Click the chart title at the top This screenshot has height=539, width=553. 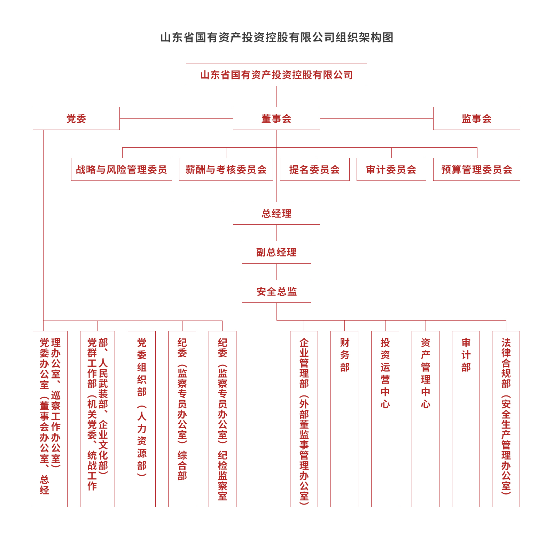point(276,37)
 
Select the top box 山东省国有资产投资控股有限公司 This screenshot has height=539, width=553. point(276,75)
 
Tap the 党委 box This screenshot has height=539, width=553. point(76,118)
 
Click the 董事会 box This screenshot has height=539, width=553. point(276,118)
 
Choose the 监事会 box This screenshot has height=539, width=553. point(476,118)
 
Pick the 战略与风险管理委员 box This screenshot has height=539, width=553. point(121,169)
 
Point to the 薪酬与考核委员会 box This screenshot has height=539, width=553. point(226,169)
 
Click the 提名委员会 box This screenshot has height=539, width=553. point(314,169)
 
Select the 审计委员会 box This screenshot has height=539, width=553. point(391,169)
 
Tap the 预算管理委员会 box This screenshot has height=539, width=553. point(476,169)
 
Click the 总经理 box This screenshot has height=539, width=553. point(276,213)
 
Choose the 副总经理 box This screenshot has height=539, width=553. point(276,252)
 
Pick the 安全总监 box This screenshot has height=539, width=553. point(276,291)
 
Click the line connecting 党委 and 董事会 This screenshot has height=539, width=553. point(176,118)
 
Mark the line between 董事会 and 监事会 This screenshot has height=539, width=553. point(376,118)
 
